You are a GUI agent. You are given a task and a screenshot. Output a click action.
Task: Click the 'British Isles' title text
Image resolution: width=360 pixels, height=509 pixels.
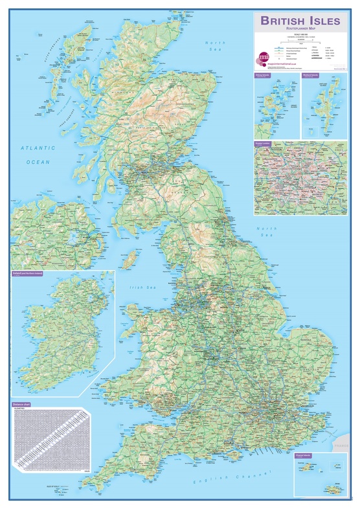point(300,21)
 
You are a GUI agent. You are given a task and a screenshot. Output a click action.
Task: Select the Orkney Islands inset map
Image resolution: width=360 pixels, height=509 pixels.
point(276,106)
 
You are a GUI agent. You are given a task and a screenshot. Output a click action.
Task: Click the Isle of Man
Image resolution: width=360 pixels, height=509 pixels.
point(130,259)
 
